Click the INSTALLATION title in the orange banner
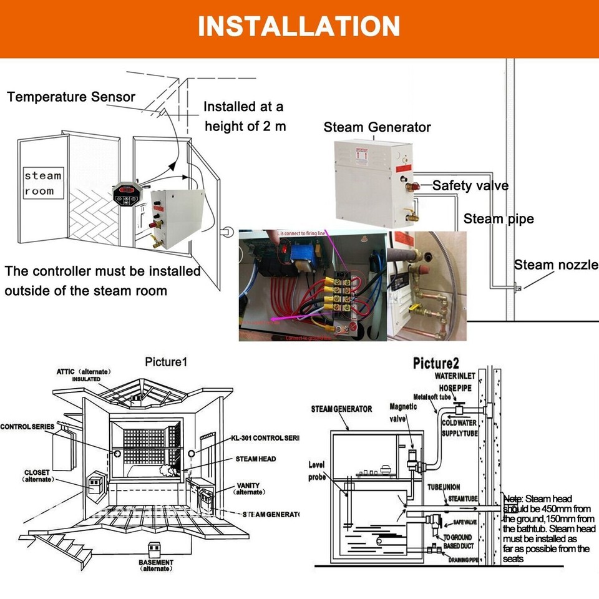coord(299,26)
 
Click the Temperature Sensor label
coord(71,97)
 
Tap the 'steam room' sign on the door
coord(43,183)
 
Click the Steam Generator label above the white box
coord(377,127)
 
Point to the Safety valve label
coord(470,185)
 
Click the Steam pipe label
coord(498,218)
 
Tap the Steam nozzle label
coord(555,265)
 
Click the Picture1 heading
coord(166,362)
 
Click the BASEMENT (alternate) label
coord(156,565)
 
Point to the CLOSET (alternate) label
coord(38,475)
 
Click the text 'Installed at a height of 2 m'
coord(244,116)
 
